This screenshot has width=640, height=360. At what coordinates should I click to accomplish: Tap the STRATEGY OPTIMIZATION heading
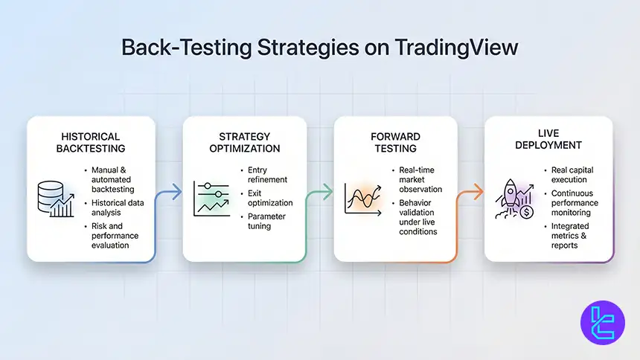click(245, 142)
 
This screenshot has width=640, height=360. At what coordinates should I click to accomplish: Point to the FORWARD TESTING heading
click(396, 142)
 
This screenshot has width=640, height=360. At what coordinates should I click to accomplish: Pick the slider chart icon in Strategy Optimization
click(211, 198)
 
